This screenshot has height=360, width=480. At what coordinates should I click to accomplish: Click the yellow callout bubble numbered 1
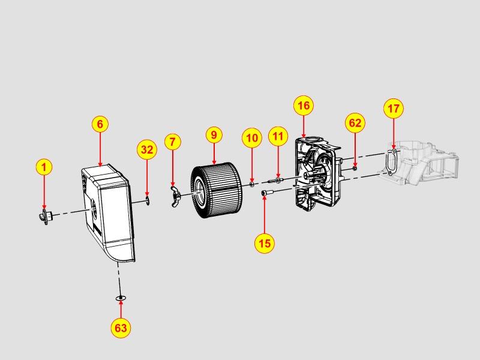tap(44, 167)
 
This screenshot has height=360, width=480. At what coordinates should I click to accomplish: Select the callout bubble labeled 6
tap(100, 124)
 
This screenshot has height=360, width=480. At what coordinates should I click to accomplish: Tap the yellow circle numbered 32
tap(147, 149)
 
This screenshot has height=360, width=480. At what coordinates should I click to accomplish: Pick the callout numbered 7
tap(173, 142)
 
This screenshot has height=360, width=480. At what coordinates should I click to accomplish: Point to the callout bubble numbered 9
tap(214, 135)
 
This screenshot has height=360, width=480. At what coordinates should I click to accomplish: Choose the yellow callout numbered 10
tap(252, 138)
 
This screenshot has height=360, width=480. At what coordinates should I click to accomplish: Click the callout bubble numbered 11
tap(278, 136)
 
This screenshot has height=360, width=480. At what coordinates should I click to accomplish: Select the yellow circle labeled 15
tap(265, 243)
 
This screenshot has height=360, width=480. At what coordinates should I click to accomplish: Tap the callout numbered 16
tap(304, 106)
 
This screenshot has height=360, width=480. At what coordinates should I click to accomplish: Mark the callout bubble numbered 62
tap(355, 123)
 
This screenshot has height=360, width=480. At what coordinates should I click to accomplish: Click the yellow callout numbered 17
tap(394, 109)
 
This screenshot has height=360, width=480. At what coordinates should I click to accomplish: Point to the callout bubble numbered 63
tap(121, 328)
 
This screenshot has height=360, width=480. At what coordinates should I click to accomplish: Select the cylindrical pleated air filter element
tap(217, 190)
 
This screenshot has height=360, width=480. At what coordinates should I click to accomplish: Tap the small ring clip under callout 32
tap(148, 201)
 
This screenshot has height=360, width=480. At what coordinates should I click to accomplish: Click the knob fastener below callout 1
tap(46, 217)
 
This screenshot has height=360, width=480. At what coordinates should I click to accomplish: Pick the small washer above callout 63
tap(121, 298)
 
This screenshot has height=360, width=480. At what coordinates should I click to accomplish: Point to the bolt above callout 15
tap(266, 193)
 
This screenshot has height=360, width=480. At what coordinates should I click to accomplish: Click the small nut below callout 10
tap(251, 184)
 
